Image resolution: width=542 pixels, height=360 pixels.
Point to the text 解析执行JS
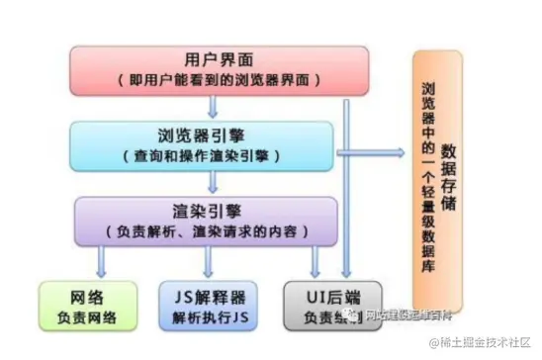208,316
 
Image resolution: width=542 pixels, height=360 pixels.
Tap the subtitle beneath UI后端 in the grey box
318,316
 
